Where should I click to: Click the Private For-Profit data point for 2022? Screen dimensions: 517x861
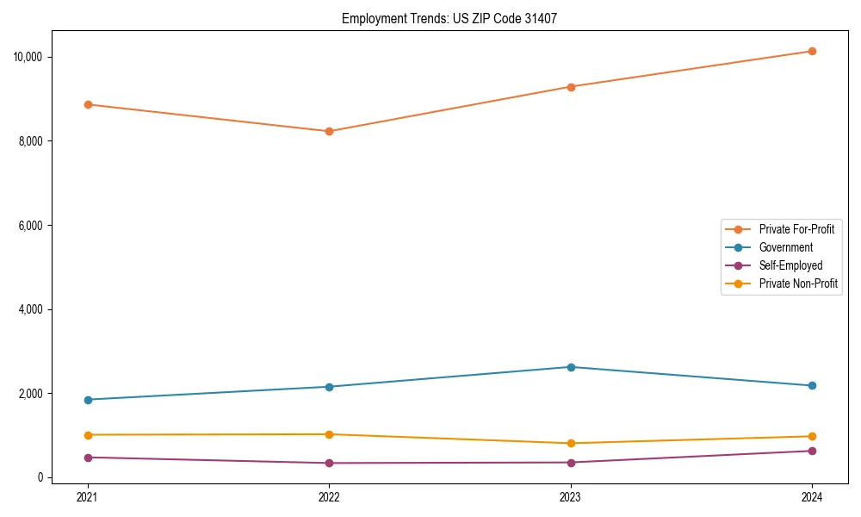coord(329,131)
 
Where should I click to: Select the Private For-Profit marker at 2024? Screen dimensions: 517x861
coord(812,51)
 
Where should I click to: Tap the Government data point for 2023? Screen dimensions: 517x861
coord(571,367)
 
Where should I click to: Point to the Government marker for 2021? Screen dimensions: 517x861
coord(87,400)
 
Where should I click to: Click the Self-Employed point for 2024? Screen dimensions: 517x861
coord(812,451)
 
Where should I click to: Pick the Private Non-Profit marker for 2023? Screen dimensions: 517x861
coord(571,443)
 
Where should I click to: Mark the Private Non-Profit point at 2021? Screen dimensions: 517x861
coord(87,434)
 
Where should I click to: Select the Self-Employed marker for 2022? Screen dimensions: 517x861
coord(329,463)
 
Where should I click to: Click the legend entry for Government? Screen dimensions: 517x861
coord(785,247)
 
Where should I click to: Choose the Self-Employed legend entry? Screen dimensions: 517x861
coord(790,265)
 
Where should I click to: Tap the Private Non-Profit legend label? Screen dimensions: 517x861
coord(798,283)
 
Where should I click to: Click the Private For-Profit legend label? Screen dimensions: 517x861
coord(796,229)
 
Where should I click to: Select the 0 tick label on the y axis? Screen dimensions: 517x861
coord(40,477)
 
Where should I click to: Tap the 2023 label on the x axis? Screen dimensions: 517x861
coord(571,496)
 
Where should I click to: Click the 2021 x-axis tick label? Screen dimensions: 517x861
coord(87,496)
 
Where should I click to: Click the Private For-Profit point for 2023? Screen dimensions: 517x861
coord(571,86)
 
